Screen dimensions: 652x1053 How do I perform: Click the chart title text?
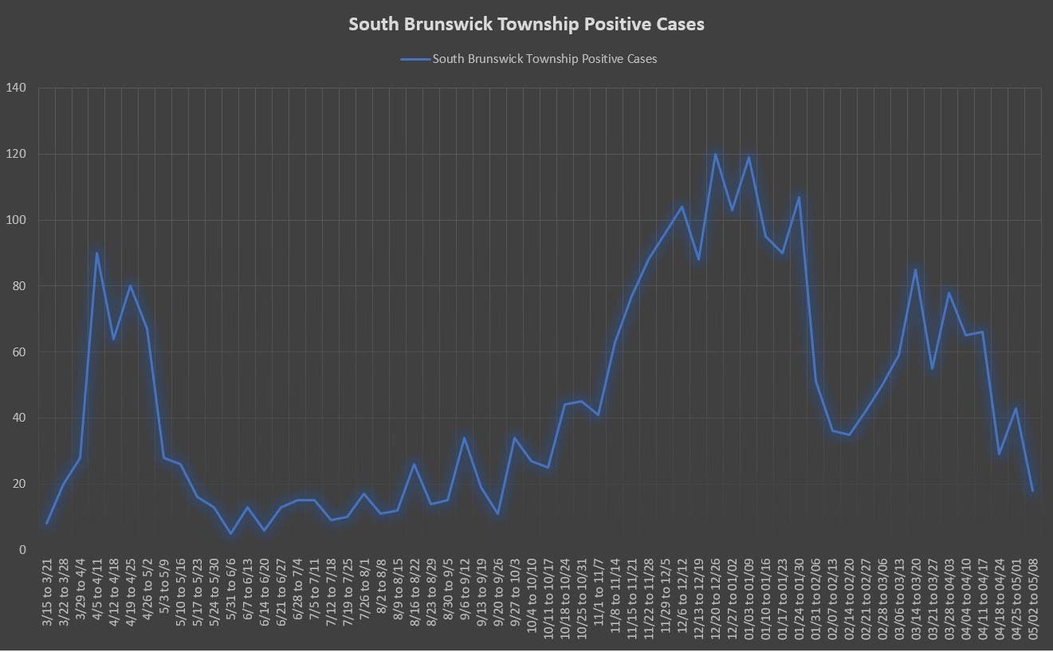pos(526,25)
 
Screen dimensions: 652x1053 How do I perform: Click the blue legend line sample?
pos(415,59)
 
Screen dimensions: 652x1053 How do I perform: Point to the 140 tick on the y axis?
pos(16,88)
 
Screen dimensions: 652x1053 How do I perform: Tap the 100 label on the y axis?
pos(16,220)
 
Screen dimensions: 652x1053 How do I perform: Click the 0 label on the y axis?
pos(22,550)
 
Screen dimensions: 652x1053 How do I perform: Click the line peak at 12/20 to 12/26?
pos(715,154)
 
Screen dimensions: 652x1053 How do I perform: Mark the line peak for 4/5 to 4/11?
pos(97,253)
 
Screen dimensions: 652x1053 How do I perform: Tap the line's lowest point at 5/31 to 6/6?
pos(231,533)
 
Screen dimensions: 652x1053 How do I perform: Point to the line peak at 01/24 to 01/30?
pos(799,197)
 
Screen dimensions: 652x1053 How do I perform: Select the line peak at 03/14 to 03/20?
pos(915,269)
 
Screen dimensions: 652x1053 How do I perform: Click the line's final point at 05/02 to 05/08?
pos(1032,491)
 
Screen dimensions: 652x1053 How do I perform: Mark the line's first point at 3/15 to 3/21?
pos(48,524)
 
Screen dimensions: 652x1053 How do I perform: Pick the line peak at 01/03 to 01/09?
pos(748,157)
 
